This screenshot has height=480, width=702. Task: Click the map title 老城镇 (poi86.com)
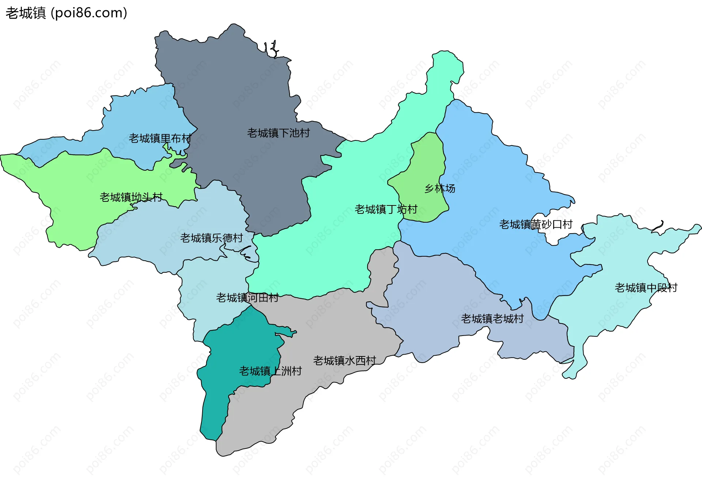[66, 13]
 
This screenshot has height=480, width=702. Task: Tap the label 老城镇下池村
[278, 133]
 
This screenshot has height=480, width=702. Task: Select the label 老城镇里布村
[160, 138]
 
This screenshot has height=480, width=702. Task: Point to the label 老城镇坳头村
[131, 197]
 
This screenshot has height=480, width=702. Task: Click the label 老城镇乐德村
[211, 238]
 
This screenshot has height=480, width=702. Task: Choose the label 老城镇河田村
[247, 298]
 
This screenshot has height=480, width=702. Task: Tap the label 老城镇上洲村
[270, 371]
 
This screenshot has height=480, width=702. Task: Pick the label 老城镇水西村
[344, 360]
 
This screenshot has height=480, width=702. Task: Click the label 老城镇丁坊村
[386, 209]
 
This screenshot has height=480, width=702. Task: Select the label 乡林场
[439, 188]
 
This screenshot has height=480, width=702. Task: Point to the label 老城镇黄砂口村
[536, 224]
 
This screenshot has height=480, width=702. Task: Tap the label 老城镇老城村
[492, 318]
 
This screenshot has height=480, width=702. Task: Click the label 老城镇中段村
[646, 288]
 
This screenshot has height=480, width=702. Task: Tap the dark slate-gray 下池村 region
[238, 91]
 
